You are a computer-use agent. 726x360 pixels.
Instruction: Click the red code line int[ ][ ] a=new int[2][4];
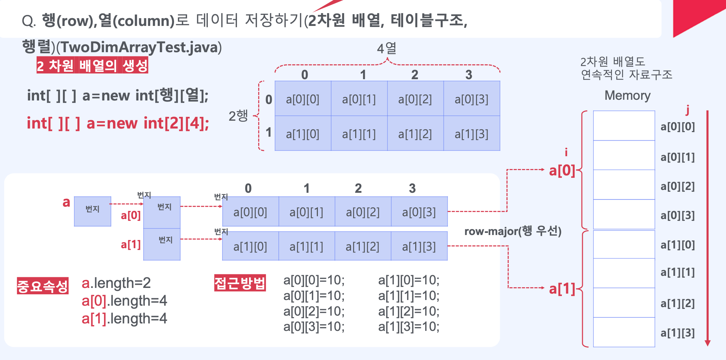[x=118, y=124]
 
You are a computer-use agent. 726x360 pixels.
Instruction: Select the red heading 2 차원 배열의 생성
[x=92, y=66]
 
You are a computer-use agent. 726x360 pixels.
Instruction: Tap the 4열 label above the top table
[x=386, y=48]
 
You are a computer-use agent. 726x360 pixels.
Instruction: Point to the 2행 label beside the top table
[x=238, y=116]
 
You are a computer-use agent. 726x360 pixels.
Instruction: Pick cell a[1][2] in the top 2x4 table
[x=415, y=134]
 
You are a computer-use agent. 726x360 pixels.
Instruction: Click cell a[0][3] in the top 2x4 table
[x=471, y=99]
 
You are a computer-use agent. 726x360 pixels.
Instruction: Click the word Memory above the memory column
[x=627, y=96]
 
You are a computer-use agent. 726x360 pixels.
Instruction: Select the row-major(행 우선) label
[x=513, y=231]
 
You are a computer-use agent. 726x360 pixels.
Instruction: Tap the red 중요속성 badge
[x=43, y=286]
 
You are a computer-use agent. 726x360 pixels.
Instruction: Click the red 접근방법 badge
[x=240, y=283]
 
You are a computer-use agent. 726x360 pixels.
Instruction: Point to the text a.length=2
[x=116, y=283]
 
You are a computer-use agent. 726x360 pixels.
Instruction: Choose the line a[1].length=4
[x=124, y=318]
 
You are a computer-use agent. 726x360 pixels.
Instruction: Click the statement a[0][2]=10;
[x=314, y=311]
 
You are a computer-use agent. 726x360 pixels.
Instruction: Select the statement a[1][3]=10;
[x=408, y=327]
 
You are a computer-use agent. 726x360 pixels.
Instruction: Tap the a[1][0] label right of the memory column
[x=677, y=245]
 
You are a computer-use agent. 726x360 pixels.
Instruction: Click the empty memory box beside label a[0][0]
[x=624, y=126]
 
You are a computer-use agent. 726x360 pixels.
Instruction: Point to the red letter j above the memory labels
[x=688, y=110]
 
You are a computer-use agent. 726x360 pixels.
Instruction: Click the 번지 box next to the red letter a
[x=92, y=211]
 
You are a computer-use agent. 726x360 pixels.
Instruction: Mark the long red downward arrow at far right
[x=707, y=227]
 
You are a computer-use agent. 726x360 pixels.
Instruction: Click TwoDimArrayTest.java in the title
[x=139, y=48]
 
